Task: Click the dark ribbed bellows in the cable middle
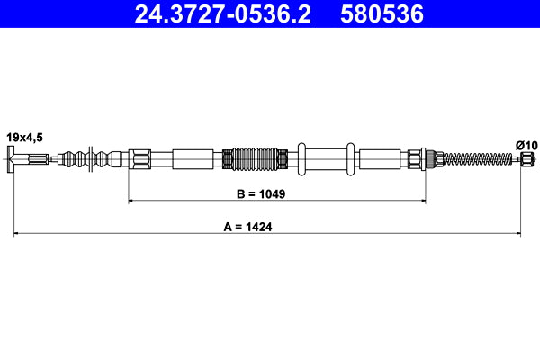click(259, 159)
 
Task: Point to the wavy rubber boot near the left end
click(90, 160)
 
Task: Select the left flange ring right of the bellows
click(301, 159)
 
